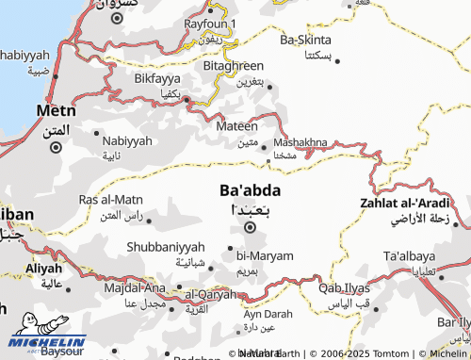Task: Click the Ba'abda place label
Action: point(250,189)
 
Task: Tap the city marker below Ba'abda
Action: point(250,227)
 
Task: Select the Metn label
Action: point(56,110)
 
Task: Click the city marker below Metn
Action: point(56,146)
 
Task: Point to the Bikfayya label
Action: point(156,78)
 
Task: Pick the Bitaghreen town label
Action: point(234,66)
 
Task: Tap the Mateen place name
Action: point(237,125)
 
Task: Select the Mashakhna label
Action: point(300,141)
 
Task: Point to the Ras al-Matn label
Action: point(111,199)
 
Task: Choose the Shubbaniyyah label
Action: point(165,247)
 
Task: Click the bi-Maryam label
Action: point(265,255)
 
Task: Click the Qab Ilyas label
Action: point(344,288)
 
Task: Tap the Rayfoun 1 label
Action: point(210,23)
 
